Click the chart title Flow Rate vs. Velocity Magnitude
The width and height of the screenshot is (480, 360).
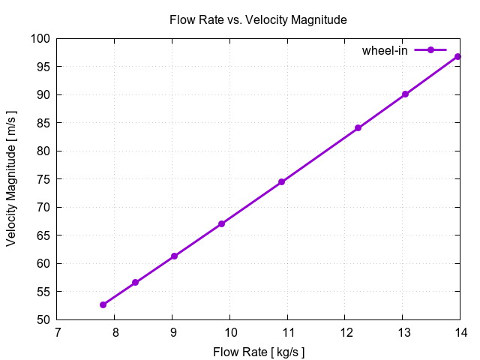(x=258, y=20)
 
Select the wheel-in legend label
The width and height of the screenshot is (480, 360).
(x=385, y=50)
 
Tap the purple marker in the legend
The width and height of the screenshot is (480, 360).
(x=430, y=50)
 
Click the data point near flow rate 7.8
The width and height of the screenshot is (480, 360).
(x=103, y=304)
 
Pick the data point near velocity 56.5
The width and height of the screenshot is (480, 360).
(x=135, y=283)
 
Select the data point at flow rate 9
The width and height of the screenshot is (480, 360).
(x=174, y=256)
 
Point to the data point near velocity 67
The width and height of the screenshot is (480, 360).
(x=221, y=223)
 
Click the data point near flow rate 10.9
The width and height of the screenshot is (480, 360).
(x=281, y=182)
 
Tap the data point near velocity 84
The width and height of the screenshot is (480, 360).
(x=358, y=128)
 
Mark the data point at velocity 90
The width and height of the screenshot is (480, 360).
(x=405, y=94)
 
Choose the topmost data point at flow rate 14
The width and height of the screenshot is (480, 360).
(x=457, y=57)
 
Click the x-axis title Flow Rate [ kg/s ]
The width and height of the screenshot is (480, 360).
(x=259, y=351)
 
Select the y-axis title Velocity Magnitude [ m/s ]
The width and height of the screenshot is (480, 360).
(x=12, y=178)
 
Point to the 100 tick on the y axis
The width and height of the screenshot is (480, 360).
(x=41, y=39)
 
